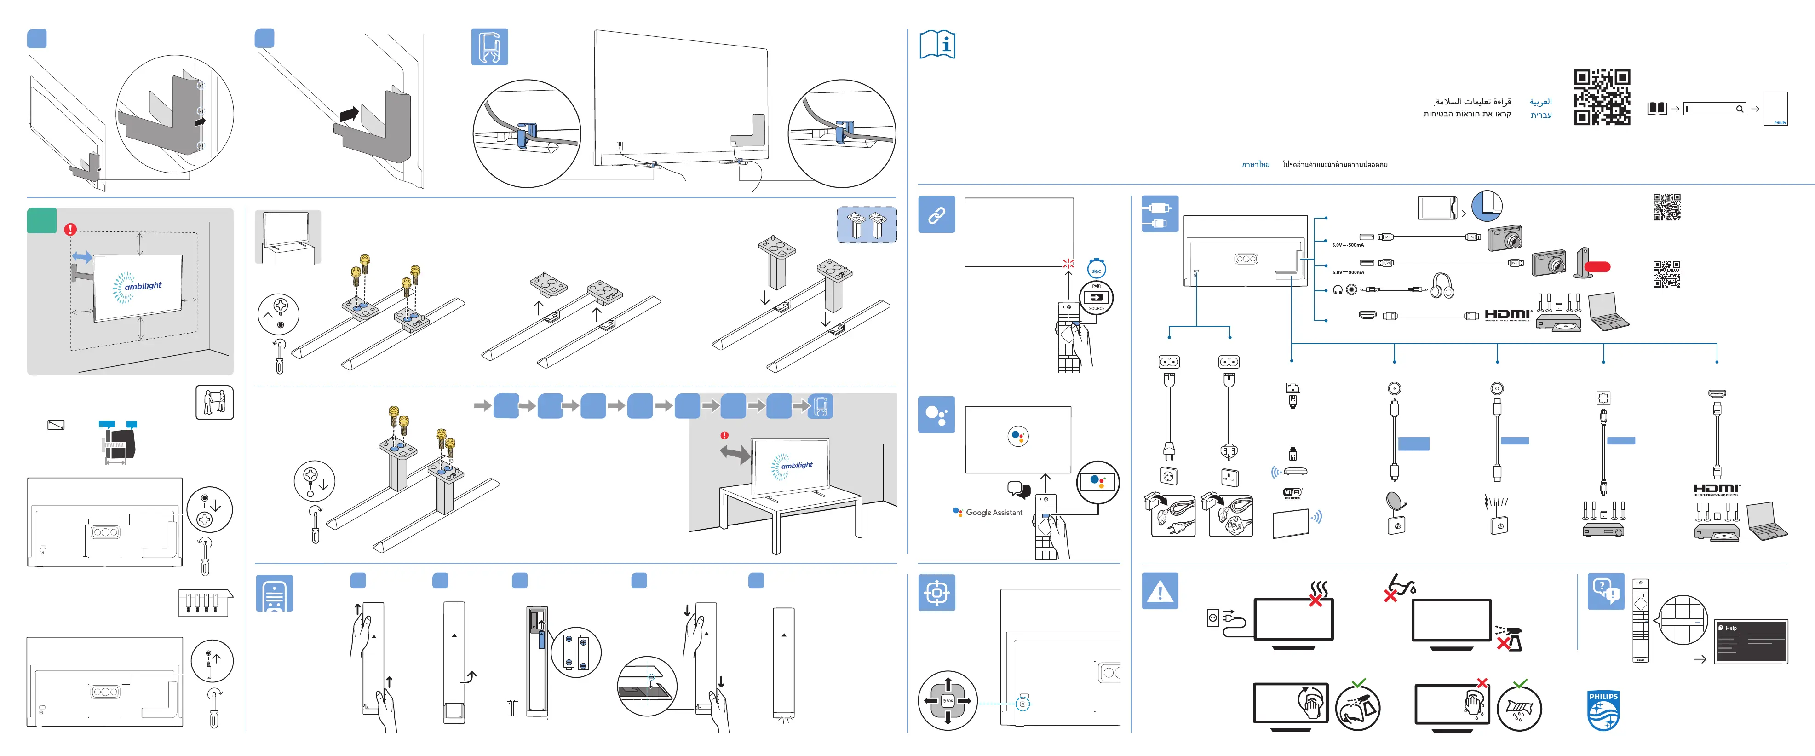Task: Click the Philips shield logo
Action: point(1603,710)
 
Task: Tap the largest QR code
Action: point(1602,97)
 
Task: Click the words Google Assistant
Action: point(994,512)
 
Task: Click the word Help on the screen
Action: point(1731,628)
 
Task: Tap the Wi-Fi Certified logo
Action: point(1292,492)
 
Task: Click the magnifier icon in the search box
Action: point(1739,109)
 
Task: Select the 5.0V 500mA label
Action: point(1347,245)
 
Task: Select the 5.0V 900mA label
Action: point(1347,272)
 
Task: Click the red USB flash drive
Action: point(1597,266)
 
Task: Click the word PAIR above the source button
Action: point(1097,286)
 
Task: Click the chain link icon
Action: point(936,215)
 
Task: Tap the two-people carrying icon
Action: point(214,402)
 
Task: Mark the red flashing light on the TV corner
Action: point(1068,264)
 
